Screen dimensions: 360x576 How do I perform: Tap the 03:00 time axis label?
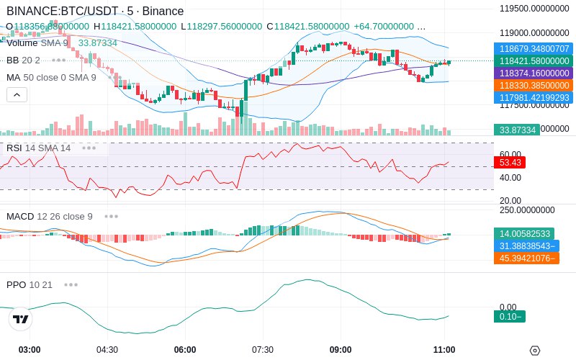coord(30,350)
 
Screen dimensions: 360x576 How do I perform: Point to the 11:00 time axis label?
coord(444,350)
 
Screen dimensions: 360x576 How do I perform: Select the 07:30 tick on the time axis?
coord(263,350)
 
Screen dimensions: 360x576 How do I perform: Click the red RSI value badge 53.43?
coord(510,163)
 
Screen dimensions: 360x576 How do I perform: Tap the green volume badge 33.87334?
coord(516,130)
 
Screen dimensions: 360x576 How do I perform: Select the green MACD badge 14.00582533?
coord(524,234)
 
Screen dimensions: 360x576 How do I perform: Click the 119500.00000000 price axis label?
coord(534,9)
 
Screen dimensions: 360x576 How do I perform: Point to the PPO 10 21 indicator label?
coord(30,284)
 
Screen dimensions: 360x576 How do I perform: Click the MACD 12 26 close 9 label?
coord(50,216)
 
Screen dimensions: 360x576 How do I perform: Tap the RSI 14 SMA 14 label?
coord(39,148)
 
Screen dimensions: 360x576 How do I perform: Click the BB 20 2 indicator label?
coord(23,60)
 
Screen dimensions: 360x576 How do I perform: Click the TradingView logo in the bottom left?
coord(21,319)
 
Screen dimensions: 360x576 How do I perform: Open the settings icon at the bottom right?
coord(534,351)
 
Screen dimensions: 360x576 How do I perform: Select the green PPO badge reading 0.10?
coord(509,316)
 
